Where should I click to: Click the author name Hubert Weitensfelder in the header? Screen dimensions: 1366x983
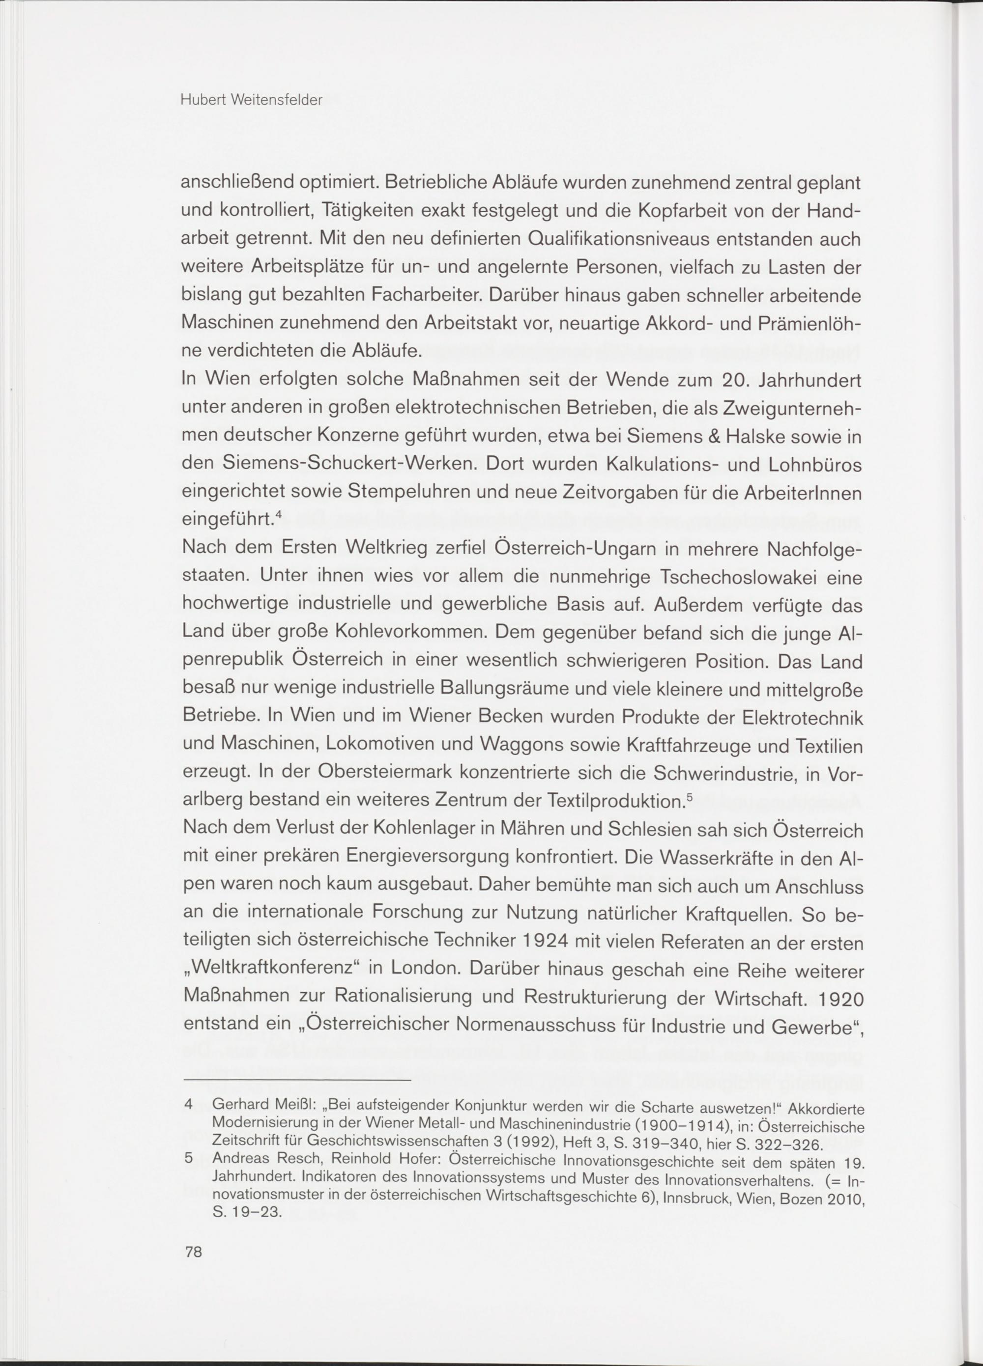tap(251, 101)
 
